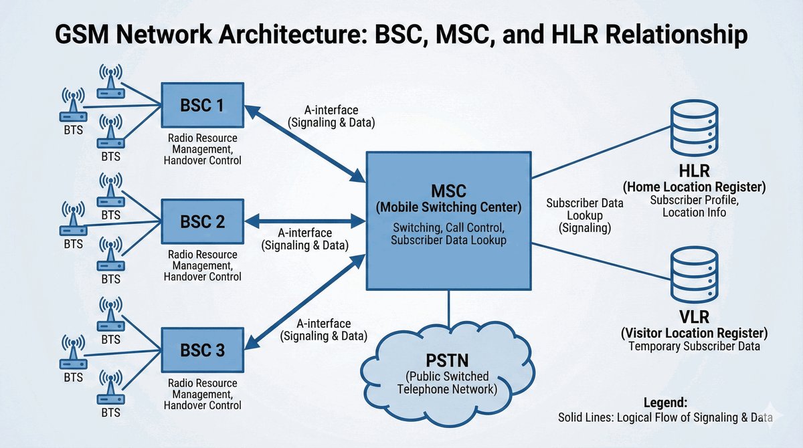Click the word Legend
[x=665, y=403]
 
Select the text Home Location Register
[x=694, y=187]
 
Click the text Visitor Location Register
[x=694, y=332]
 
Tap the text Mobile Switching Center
[x=448, y=207]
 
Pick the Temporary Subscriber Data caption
[x=694, y=347]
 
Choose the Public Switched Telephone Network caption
[x=447, y=382]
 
